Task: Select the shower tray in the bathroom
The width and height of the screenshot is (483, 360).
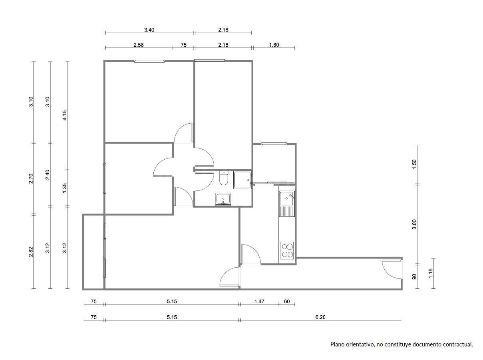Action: [242, 180]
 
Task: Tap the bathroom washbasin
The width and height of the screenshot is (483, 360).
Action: [223, 198]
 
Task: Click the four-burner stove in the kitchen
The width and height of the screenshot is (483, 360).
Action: [287, 250]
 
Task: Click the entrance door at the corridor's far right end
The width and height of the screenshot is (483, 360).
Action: [392, 269]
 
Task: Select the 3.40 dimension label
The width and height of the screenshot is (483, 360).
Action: [149, 30]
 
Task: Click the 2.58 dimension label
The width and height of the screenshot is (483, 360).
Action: [139, 45]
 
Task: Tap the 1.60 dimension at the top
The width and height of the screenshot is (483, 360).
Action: [274, 45]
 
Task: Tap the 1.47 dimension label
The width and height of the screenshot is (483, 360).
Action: [259, 302]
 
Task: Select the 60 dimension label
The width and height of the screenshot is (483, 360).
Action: [287, 302]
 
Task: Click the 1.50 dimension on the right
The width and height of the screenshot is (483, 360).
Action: [414, 164]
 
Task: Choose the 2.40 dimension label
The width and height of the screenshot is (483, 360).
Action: [48, 175]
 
